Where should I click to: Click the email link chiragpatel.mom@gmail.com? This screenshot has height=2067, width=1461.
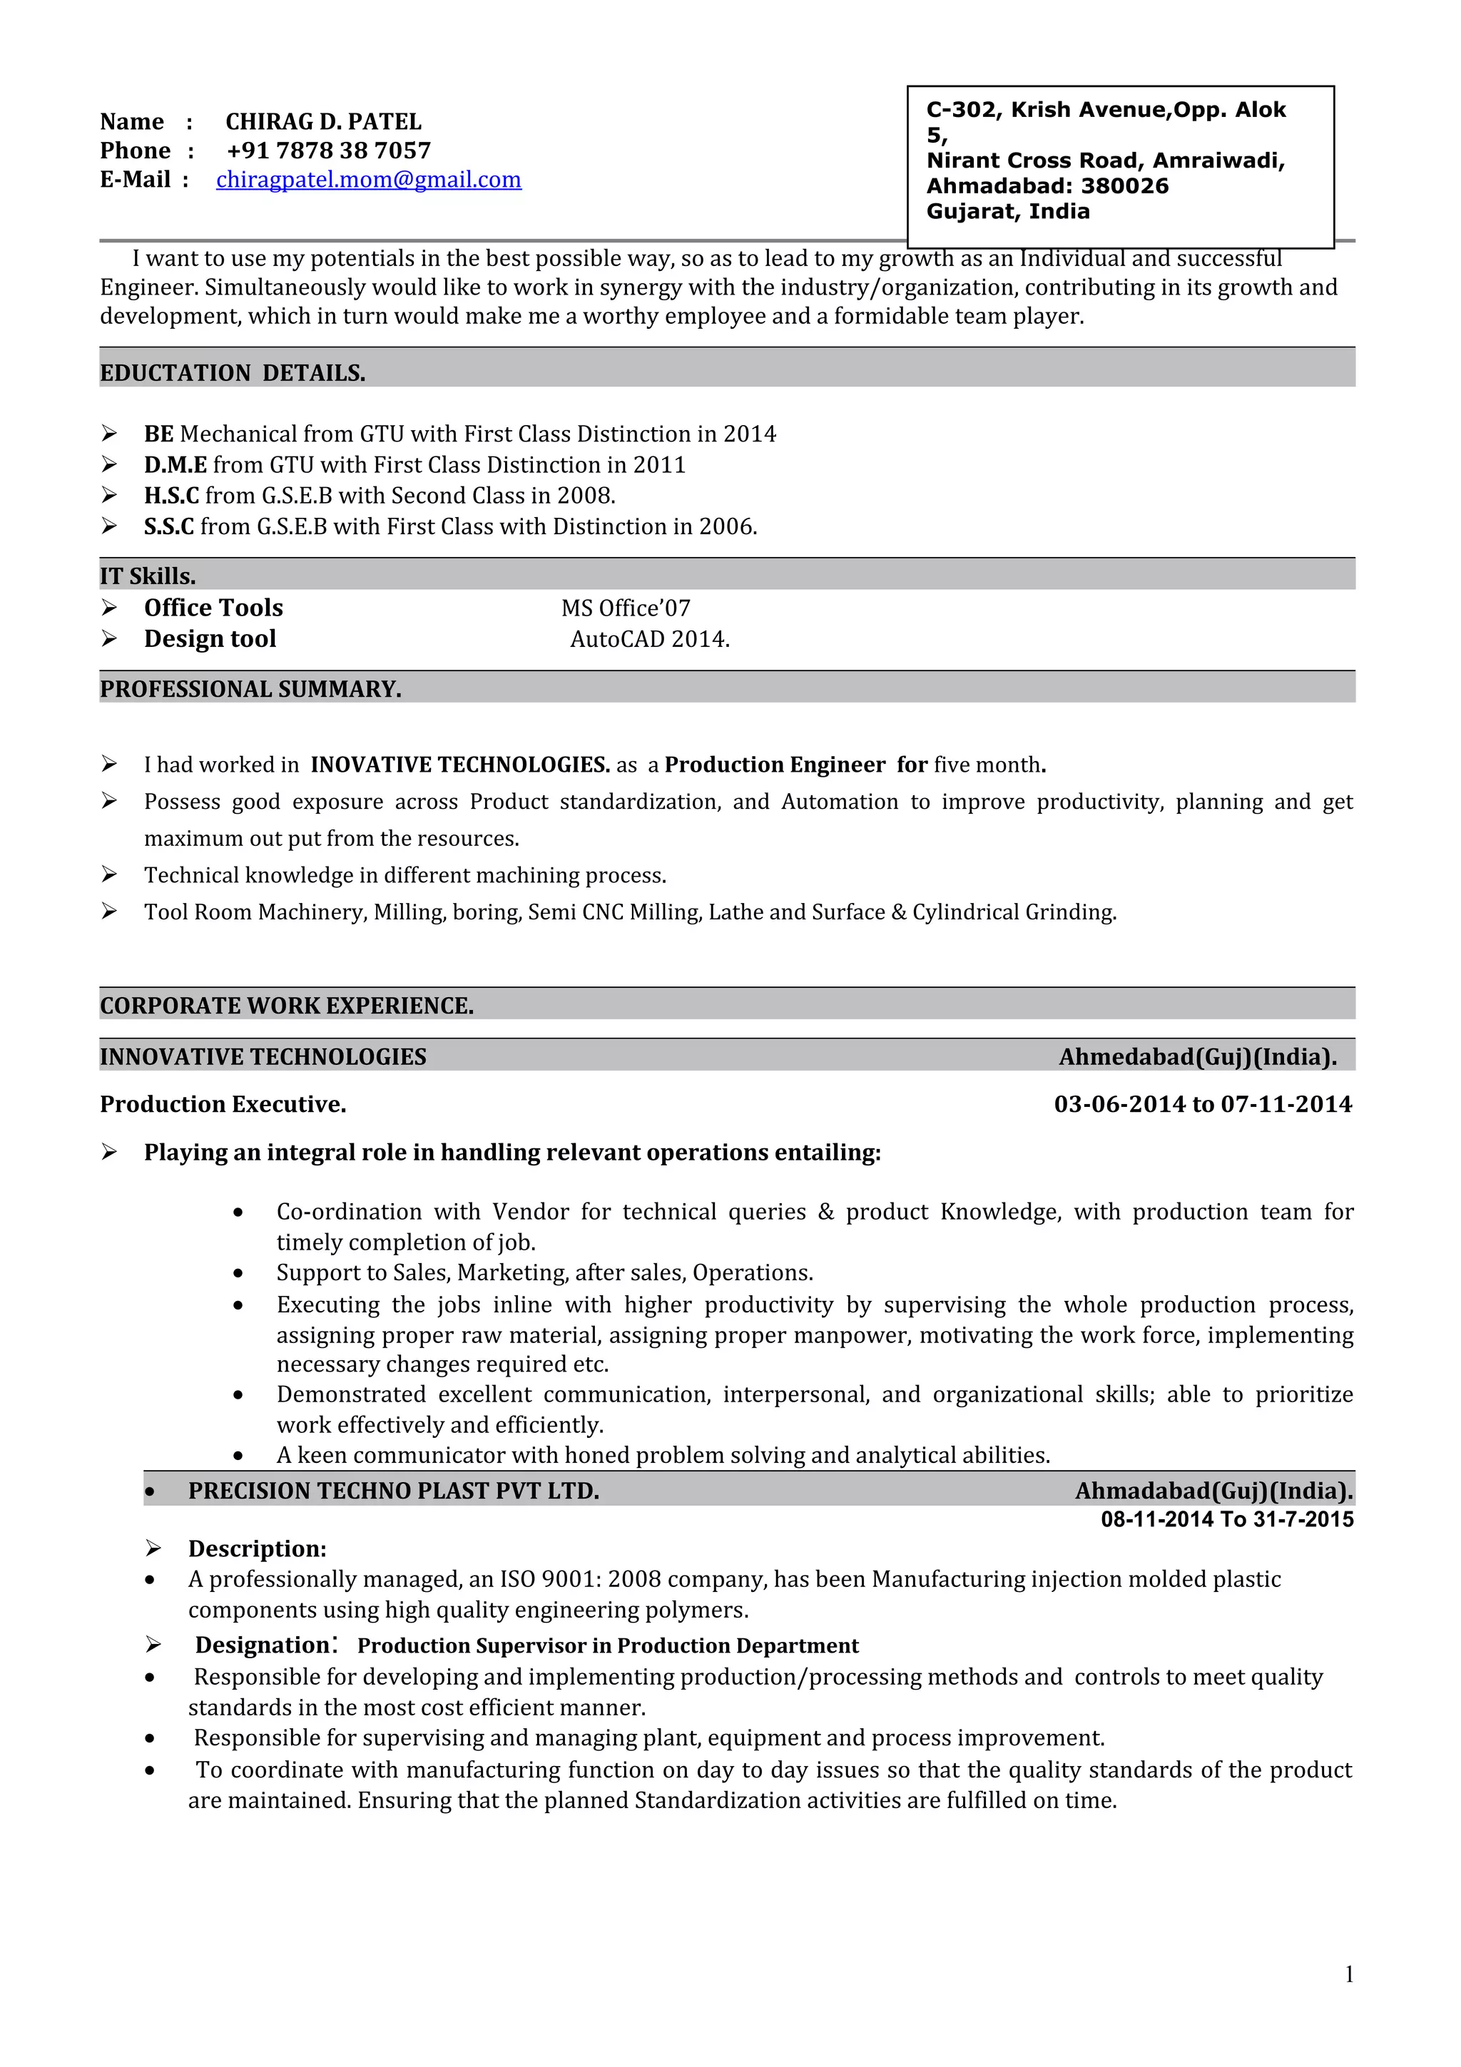[368, 180]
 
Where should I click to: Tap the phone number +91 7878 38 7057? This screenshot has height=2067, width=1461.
[329, 150]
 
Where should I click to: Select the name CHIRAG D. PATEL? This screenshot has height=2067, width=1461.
[323, 121]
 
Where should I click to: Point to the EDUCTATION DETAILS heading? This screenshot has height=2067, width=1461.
[233, 373]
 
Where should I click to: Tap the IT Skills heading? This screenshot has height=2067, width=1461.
[148, 576]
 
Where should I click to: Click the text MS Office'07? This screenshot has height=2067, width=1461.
[626, 608]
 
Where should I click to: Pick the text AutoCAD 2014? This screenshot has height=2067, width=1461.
[649, 639]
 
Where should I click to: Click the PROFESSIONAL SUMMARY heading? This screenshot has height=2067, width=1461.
[250, 689]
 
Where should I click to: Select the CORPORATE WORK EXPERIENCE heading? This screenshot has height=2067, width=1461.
[286, 1006]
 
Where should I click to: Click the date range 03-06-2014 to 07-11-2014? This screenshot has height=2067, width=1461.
[1203, 1105]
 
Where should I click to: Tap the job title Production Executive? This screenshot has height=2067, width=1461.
[223, 1105]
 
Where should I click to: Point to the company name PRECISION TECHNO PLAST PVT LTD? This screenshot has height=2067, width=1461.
[393, 1491]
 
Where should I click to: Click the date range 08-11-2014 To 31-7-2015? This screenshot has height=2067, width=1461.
[1227, 1520]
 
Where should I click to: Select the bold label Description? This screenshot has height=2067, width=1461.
[257, 1548]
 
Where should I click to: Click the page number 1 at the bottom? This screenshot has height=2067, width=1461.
[1348, 1974]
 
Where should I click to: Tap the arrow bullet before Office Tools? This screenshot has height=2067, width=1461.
[109, 608]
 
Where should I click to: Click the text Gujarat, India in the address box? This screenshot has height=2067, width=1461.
[1007, 212]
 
